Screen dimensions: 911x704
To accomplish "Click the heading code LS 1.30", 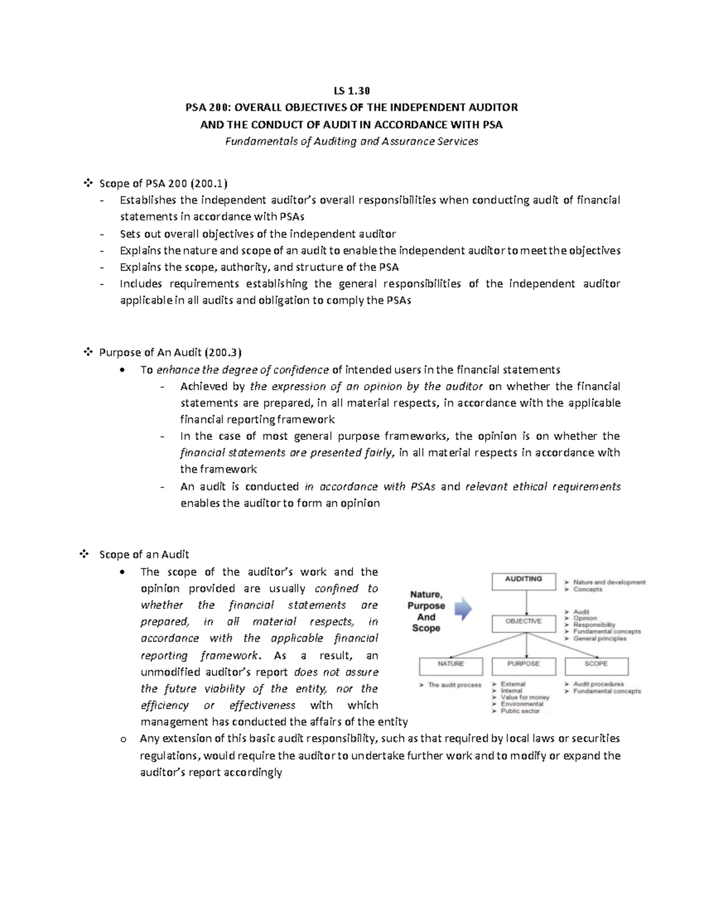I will point(351,90).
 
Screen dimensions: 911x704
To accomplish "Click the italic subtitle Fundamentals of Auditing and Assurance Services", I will point(351,141).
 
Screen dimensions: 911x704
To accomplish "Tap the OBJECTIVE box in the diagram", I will point(524,622).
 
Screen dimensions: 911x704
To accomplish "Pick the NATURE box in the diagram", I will point(451,665).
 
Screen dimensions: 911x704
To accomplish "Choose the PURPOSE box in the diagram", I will point(524,665).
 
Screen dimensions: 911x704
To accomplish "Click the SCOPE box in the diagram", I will point(596,665).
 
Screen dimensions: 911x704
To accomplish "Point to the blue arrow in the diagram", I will point(463,609).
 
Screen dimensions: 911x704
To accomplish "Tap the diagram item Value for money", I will point(524,697).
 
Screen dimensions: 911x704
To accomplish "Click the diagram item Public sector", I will point(520,711).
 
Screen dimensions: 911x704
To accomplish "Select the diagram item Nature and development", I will point(609,583).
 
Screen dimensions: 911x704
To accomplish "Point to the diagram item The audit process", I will point(454,685).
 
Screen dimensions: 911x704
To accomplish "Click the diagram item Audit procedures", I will point(598,684).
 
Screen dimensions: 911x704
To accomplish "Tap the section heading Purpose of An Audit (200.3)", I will point(170,353).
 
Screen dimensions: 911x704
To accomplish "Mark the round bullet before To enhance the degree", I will point(121,370).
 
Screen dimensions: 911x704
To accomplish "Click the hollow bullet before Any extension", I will point(123,739).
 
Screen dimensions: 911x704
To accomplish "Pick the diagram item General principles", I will point(600,638).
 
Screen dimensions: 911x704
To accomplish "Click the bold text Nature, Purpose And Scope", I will point(426,611).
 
